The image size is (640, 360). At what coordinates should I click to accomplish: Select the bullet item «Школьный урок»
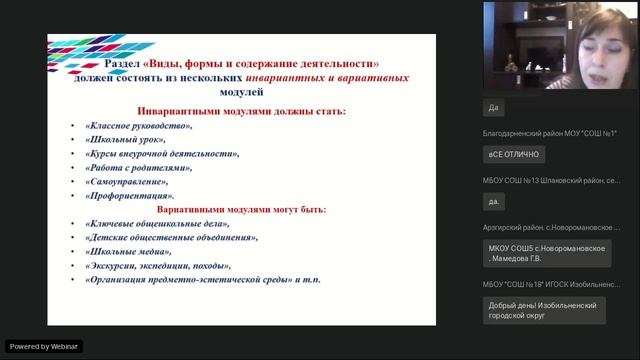125,140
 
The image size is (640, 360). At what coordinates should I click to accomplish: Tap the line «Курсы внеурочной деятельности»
162,154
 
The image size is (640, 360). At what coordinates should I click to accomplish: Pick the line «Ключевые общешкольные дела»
156,224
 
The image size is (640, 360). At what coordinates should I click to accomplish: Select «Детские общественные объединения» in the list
171,238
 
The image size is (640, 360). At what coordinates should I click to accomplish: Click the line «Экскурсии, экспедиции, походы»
158,266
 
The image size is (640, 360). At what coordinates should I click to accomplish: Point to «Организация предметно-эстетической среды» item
190,280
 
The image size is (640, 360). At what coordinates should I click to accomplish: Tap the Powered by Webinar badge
44,346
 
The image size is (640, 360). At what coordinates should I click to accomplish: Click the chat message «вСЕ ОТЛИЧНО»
514,154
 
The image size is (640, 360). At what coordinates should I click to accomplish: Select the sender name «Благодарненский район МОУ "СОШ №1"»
550,133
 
